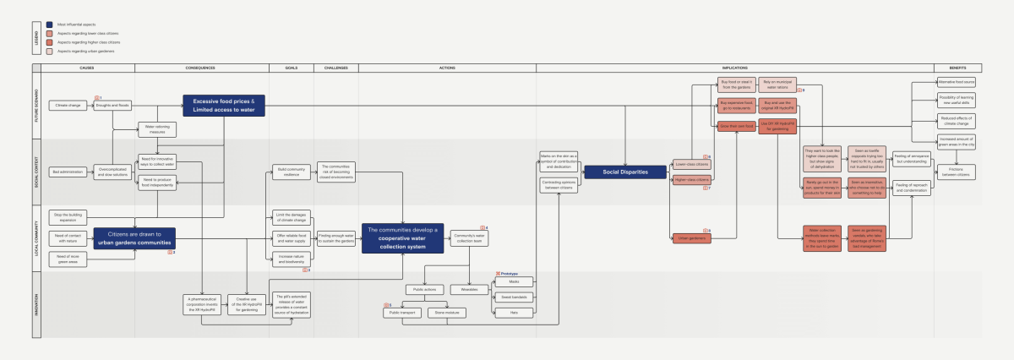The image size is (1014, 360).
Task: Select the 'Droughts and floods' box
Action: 112,106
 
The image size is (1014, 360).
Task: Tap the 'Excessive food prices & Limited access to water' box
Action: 224,105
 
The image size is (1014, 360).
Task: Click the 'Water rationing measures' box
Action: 157,129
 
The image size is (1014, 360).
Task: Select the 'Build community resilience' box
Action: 288,172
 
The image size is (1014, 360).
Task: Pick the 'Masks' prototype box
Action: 514,281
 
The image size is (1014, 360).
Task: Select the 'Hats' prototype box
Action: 514,312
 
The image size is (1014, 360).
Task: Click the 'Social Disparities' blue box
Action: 625,172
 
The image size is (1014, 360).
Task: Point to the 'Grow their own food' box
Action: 735,126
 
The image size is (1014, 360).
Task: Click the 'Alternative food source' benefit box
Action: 957,82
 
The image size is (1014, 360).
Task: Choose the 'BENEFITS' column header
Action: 957,67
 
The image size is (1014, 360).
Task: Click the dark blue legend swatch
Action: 51,25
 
